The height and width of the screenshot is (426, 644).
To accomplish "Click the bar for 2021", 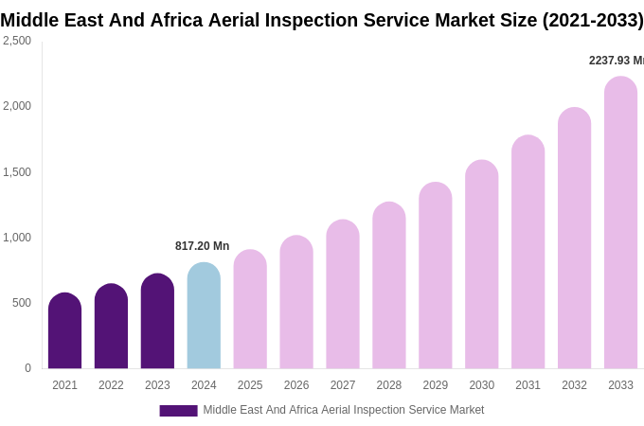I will pos(64,331).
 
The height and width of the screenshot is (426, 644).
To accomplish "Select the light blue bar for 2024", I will pos(204,316).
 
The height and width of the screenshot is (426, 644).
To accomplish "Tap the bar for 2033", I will pos(620,223).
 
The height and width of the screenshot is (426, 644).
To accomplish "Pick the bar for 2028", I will pos(388,286).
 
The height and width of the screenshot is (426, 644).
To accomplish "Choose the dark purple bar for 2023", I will pos(157,322).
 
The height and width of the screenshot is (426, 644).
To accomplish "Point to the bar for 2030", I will pos(481,265).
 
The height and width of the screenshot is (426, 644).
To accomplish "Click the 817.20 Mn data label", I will pos(202,246).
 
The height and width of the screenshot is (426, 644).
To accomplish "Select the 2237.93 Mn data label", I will pos(616,61).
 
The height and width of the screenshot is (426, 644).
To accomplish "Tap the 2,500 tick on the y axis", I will pos(17,41).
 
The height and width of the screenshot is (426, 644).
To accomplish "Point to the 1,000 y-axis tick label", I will pos(17,238).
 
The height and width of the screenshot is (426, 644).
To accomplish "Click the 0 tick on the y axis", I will pos(27,368).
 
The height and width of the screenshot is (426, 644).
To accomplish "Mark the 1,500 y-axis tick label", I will pos(17,172).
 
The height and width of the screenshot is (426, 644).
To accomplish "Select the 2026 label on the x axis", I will pos(296,385).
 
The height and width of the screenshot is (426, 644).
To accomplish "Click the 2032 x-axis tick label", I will pos(574,385).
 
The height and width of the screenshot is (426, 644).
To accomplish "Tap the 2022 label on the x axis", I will pos(111,385).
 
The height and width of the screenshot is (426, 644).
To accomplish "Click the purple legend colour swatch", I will pos(178,411).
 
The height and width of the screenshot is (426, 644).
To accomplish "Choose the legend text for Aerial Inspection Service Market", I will pos(343,410).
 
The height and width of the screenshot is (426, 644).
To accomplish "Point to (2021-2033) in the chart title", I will pos(592,20).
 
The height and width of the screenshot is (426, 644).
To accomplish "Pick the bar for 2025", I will pos(250,310).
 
